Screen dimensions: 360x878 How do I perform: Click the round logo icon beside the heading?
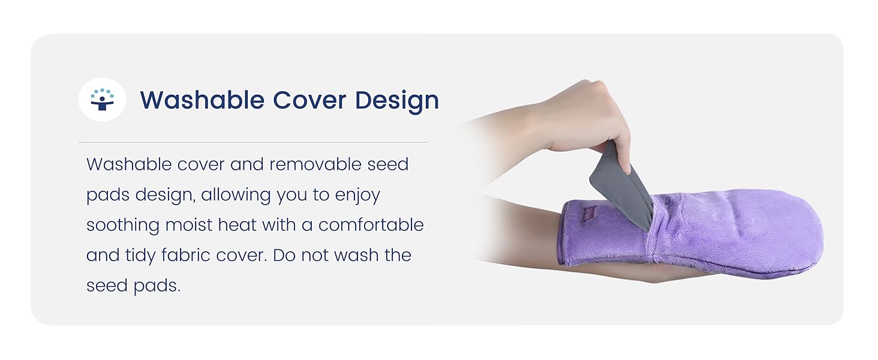point(102,100)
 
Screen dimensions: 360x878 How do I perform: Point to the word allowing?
point(237,195)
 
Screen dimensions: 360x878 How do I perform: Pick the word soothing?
point(123,225)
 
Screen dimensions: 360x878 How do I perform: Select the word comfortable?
point(371,225)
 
